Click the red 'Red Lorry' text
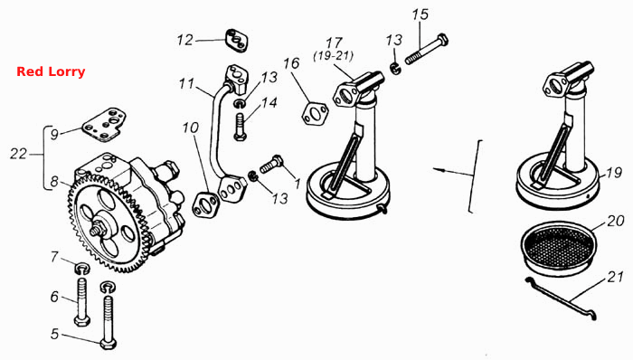51,71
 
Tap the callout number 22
19,154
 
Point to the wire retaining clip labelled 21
562,298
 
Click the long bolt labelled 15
427,51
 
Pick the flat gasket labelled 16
315,114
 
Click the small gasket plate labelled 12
237,41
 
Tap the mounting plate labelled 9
105,125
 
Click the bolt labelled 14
240,127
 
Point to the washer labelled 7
82,268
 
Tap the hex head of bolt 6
82,321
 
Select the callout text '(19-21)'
334,55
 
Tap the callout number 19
614,173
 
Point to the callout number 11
187,84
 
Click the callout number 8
54,182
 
